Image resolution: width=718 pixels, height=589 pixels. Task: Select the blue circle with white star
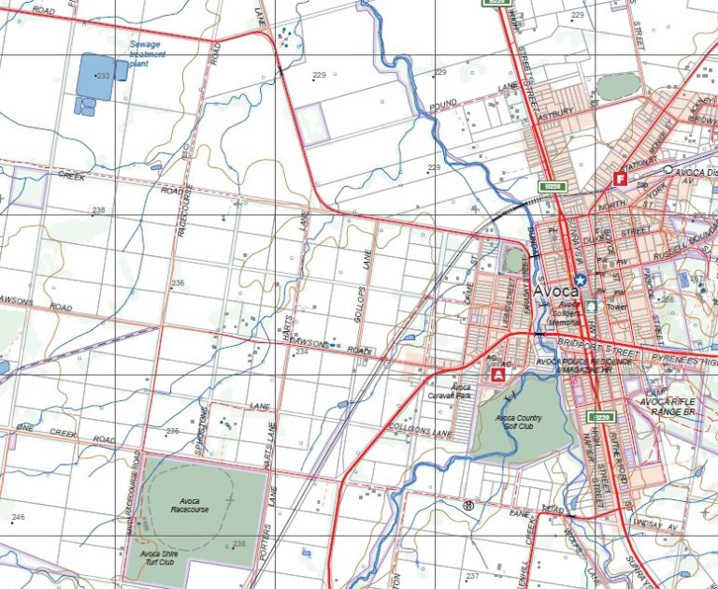tap(581, 280)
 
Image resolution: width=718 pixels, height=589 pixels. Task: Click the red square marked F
tap(619, 178)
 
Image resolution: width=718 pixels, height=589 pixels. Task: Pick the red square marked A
tap(498, 374)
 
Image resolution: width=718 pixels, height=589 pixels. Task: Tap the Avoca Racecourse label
tap(190, 505)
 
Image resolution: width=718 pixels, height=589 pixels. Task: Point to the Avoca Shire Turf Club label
tap(152, 557)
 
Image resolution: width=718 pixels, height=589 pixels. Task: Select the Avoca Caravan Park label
tap(461, 391)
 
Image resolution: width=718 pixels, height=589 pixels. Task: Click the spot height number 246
tap(18, 517)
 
